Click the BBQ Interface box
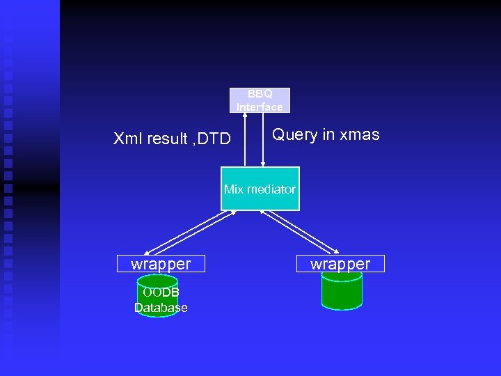(260, 100)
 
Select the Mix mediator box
(260, 189)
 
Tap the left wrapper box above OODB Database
(161, 264)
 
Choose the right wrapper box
(340, 264)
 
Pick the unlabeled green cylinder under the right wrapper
(342, 291)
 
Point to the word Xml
(127, 139)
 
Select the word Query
(294, 135)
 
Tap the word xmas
(359, 135)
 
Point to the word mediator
(270, 189)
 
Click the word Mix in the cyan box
(233, 189)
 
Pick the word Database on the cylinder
(161, 308)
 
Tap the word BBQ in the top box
(260, 94)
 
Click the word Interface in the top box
(260, 107)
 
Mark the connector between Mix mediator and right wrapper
(299, 231)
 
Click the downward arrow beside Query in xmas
(262, 139)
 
